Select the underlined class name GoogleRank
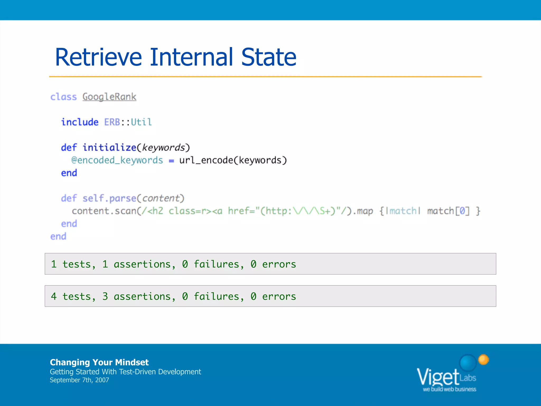click(109, 97)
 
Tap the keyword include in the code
click(80, 122)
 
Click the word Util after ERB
click(141, 122)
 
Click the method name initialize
click(109, 147)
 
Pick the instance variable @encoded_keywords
click(117, 160)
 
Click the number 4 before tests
click(54, 296)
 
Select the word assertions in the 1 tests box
click(142, 264)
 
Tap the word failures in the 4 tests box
click(216, 296)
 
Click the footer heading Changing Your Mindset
click(99, 362)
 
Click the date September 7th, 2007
click(79, 380)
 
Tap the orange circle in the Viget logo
click(483, 359)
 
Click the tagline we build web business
click(449, 389)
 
